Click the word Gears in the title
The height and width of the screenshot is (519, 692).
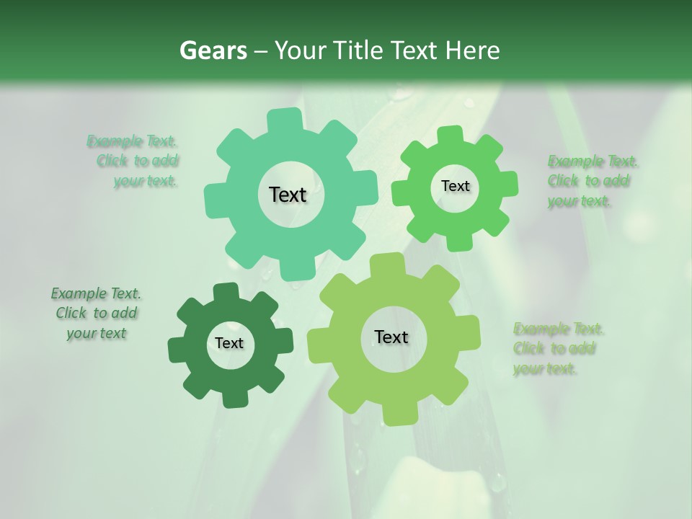point(213,51)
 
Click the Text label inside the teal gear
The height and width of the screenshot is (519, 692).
point(288,195)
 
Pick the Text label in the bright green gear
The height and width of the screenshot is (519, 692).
point(455,186)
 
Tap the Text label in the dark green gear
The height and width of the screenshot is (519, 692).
point(229,344)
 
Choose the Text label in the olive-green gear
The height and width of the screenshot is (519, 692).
point(391,337)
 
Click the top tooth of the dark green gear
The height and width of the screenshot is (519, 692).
point(226,291)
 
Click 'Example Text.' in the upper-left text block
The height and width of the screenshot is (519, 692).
point(132,141)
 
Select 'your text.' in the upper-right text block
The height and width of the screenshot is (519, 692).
point(579,201)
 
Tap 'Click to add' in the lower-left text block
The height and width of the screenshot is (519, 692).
point(97,313)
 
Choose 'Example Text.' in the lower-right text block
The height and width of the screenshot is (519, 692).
point(558,329)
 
